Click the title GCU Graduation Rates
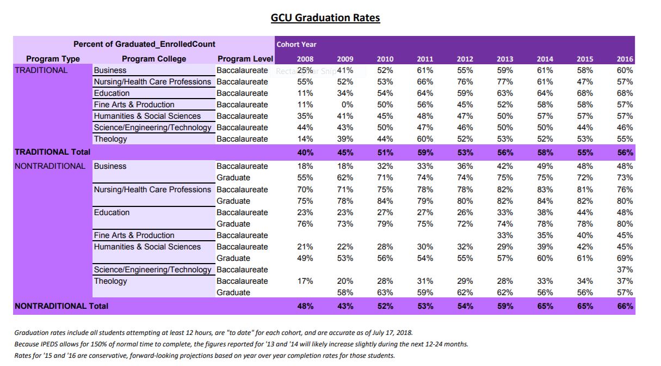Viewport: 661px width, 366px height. (325, 18)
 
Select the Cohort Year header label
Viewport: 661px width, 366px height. (296, 44)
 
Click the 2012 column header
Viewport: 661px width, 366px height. (465, 59)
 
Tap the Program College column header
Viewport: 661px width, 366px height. (154, 59)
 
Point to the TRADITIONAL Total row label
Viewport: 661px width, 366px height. (52, 152)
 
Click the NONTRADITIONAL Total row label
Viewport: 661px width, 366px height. (61, 306)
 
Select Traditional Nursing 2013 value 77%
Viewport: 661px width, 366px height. (504, 82)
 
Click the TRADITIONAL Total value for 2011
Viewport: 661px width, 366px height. (424, 152)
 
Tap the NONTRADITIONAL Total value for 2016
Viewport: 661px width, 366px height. (625, 306)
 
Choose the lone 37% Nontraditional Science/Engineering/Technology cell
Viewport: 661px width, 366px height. (625, 270)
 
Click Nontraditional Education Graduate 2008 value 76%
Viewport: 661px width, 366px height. (305, 224)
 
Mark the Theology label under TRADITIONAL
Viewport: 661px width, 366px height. (110, 139)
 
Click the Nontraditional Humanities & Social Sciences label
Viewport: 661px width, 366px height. (147, 247)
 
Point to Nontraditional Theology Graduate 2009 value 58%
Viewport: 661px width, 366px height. (345, 292)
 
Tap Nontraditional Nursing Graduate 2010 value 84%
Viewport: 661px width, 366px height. (385, 201)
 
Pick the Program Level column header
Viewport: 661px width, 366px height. (242, 59)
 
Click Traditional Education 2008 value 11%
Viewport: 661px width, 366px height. (305, 93)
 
